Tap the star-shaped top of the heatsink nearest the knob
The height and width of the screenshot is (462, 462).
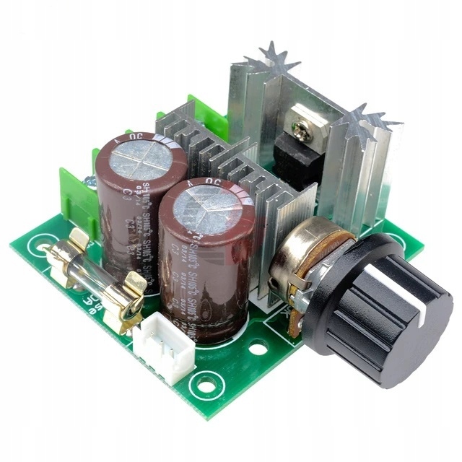pos(372,119)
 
